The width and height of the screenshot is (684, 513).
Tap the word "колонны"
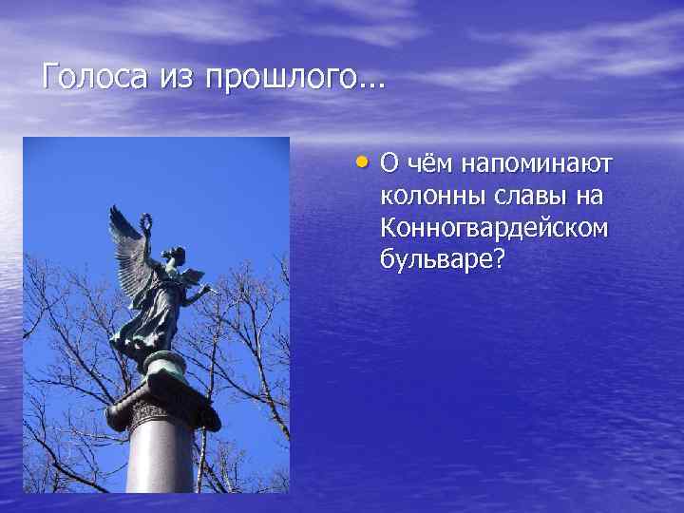tap(424, 197)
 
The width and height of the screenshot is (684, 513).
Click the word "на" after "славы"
tap(582, 197)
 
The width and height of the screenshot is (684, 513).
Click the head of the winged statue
tap(173, 255)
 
